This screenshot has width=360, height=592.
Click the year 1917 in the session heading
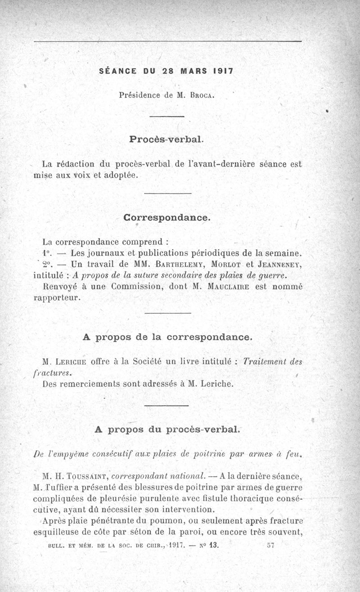[221, 71]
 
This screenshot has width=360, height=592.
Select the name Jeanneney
[280, 264]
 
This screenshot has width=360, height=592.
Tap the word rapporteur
[57, 298]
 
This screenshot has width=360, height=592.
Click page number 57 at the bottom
[270, 544]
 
